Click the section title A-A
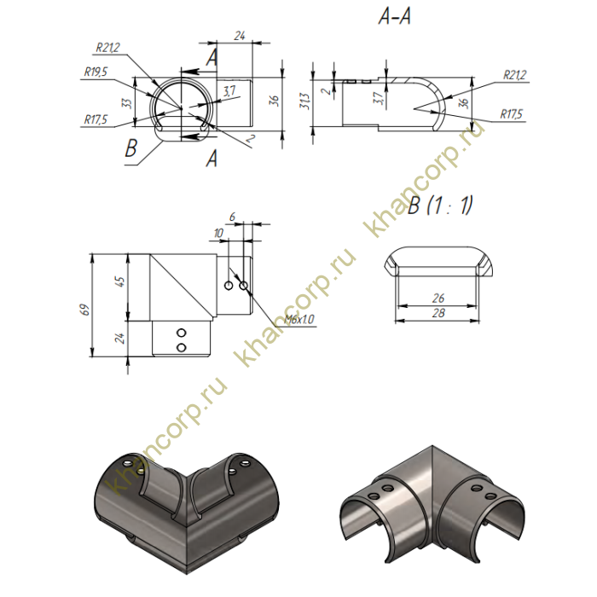(x=393, y=17)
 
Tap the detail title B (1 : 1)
(x=440, y=206)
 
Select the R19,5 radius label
(x=96, y=73)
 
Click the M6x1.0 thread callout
(x=300, y=319)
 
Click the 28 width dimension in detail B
(x=441, y=315)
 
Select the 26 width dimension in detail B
(x=441, y=299)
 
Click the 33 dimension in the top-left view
(x=127, y=103)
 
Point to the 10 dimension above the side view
(x=220, y=233)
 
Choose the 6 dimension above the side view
(x=232, y=217)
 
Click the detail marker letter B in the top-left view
(x=130, y=150)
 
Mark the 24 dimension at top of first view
(x=239, y=36)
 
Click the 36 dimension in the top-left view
(x=274, y=101)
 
